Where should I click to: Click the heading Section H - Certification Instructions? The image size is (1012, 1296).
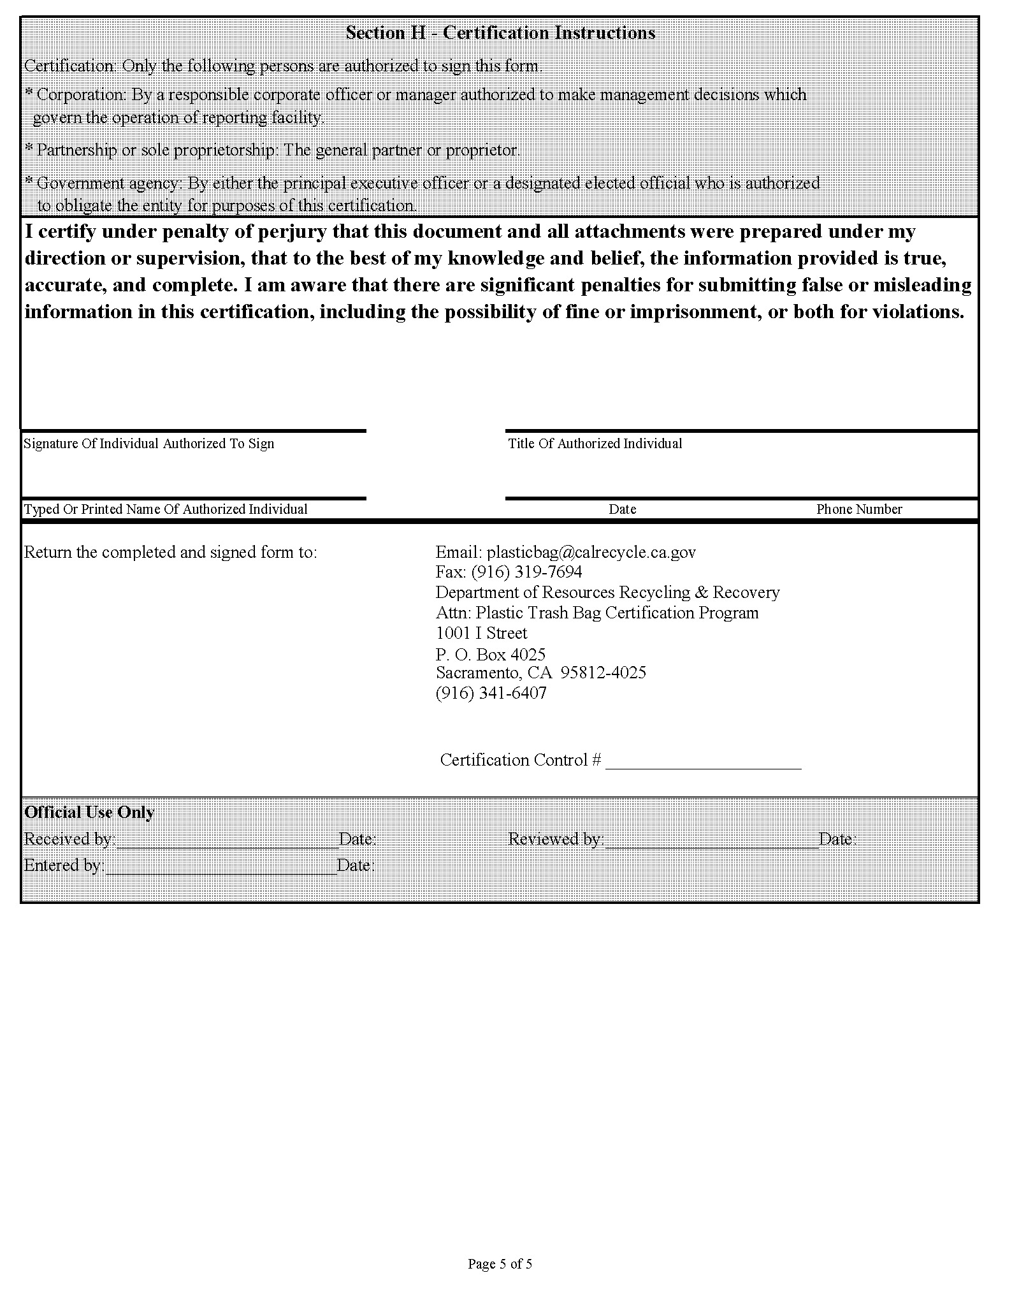500,33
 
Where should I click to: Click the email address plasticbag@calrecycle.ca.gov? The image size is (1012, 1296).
591,552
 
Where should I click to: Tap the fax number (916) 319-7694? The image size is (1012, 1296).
526,572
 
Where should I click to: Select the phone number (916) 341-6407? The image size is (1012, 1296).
491,693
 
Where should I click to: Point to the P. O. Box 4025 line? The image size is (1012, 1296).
490,654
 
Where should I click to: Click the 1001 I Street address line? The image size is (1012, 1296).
481,633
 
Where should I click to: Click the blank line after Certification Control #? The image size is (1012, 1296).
703,765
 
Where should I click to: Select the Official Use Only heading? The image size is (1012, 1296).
89,812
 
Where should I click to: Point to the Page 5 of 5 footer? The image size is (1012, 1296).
500,1263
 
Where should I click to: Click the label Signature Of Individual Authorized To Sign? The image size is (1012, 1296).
148,444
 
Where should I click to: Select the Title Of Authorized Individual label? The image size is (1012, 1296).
595,444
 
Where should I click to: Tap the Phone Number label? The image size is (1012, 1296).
859,509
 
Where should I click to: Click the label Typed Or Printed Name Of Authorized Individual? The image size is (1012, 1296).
166,509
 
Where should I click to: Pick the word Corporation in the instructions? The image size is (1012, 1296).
81,95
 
